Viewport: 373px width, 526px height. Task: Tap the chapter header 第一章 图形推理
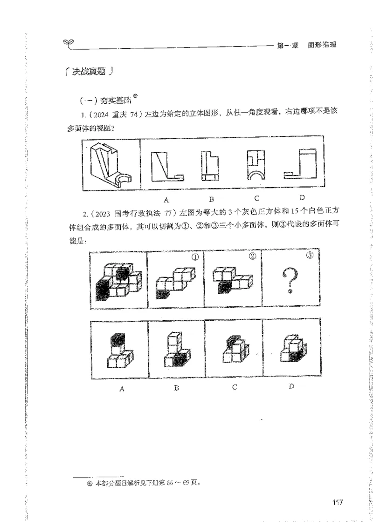point(306,45)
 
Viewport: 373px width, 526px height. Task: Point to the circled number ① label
point(195,257)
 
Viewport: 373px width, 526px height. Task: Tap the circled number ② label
point(252,257)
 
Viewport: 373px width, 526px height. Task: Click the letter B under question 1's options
point(211,200)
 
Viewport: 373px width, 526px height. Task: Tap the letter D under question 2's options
point(291,386)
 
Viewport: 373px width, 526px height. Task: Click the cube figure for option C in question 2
point(235,352)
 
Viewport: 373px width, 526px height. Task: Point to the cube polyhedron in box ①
point(173,282)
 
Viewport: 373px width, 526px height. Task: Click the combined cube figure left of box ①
point(117,281)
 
